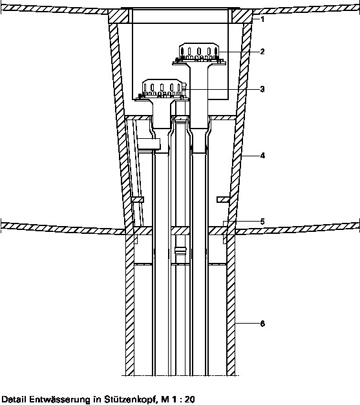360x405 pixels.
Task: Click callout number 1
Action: [x=262, y=19]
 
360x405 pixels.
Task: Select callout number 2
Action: [x=262, y=52]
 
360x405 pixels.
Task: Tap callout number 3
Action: [x=262, y=89]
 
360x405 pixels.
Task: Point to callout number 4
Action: [x=262, y=156]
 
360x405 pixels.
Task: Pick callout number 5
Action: [x=262, y=222]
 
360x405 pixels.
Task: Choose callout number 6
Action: [x=262, y=324]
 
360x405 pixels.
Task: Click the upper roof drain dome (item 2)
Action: [x=198, y=52]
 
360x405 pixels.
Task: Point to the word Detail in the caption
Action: [x=14, y=399]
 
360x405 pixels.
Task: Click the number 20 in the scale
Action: [x=189, y=399]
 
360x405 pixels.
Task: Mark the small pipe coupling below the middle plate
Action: [x=180, y=251]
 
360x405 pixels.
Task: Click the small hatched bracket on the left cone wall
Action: [x=138, y=200]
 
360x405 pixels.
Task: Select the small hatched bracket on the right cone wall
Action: [x=223, y=200]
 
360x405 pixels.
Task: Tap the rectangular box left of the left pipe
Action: [x=149, y=144]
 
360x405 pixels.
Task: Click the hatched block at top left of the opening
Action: [x=118, y=16]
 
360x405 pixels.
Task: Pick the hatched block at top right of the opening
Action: [x=242, y=16]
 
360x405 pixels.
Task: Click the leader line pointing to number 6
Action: [x=248, y=324]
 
